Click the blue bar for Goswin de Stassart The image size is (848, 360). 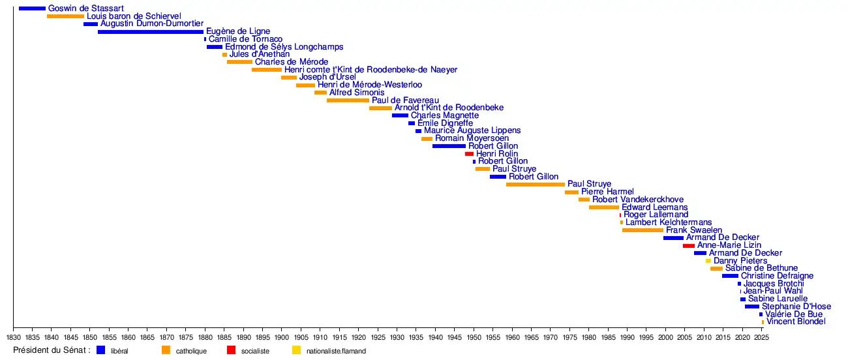pos(32,8)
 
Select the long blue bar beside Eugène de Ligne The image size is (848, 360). pos(151,31)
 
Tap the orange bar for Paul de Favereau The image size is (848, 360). pos(348,100)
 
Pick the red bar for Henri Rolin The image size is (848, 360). pos(469,154)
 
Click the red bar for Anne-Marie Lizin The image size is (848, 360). pos(689,246)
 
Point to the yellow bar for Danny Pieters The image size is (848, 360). pos(708,261)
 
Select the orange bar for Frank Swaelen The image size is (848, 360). pos(643,230)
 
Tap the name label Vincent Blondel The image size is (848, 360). pos(796,322)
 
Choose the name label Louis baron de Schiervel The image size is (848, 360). pos(134,16)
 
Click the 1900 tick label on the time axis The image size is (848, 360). pos(282,338)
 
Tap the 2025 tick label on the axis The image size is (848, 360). pos(761,338)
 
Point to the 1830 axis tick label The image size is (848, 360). pos(13,338)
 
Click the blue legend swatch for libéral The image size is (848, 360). pos(100,350)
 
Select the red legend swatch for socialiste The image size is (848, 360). pos(231,350)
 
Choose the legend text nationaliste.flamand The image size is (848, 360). pos(336,351)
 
